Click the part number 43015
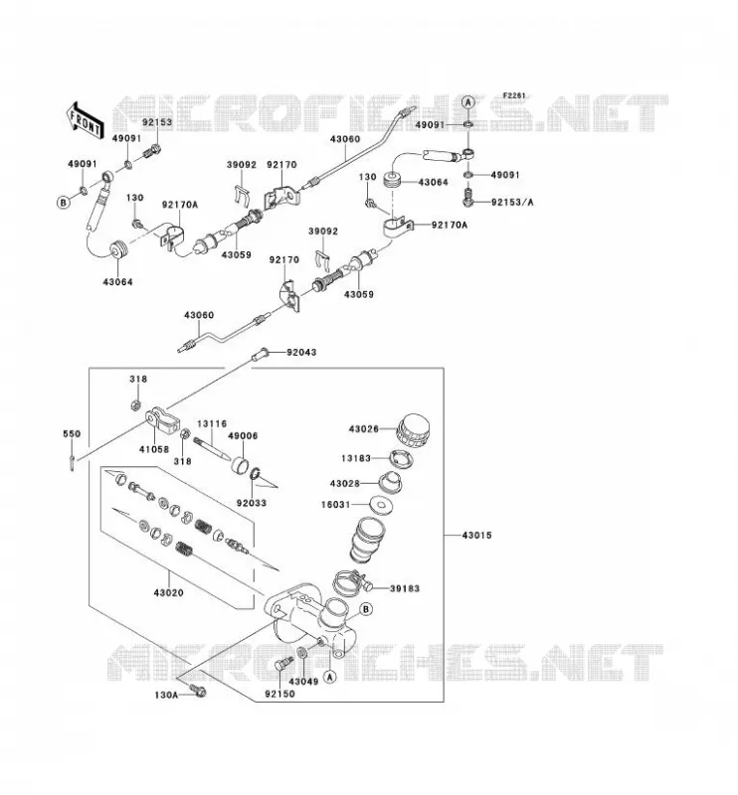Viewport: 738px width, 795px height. coord(476,535)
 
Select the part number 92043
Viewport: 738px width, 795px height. coord(301,352)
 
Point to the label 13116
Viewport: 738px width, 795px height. coord(212,423)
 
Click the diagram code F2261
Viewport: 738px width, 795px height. coord(514,95)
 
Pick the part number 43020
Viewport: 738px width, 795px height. coord(168,592)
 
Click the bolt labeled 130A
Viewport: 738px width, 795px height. coord(198,691)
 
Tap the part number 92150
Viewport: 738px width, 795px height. coord(279,694)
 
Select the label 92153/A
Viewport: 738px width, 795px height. coord(512,203)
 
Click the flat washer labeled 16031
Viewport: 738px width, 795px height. coord(380,505)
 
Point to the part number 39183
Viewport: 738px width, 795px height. coord(405,588)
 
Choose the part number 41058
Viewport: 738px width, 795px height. coord(154,449)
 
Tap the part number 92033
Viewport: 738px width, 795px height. coord(252,503)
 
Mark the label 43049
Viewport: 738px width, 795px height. coord(303,682)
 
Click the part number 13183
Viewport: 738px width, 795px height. coord(356,458)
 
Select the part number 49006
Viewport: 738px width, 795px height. coord(243,436)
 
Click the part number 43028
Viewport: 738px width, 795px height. coord(345,484)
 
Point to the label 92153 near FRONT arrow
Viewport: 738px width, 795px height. coord(157,122)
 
